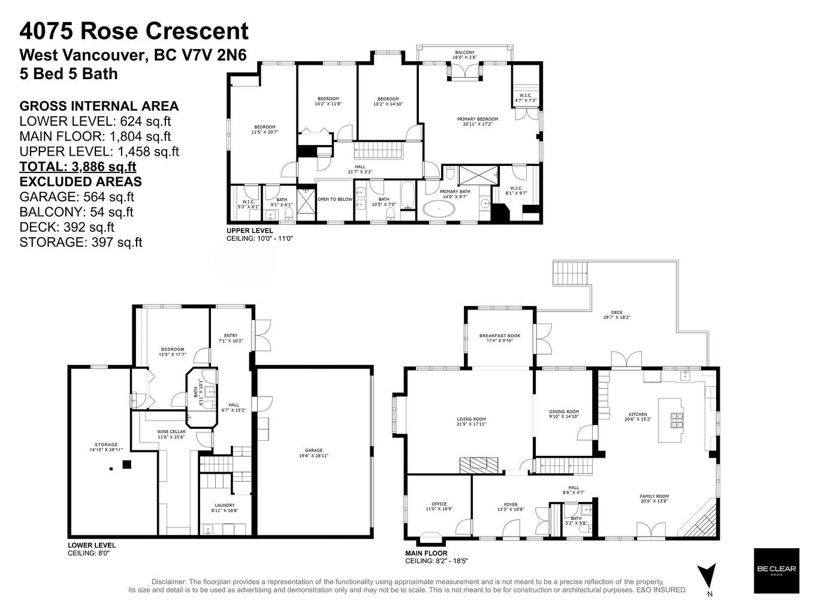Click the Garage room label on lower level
(x=313, y=453)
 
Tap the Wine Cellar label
(x=171, y=434)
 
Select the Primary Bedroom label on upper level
(x=477, y=122)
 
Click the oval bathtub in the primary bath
(x=439, y=209)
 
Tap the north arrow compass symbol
(x=707, y=576)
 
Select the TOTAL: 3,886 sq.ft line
(x=78, y=167)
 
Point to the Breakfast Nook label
(x=500, y=338)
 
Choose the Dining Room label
(x=564, y=415)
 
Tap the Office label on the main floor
(x=439, y=507)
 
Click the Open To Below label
(x=335, y=199)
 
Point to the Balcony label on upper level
(x=464, y=55)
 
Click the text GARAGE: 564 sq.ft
(x=77, y=196)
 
